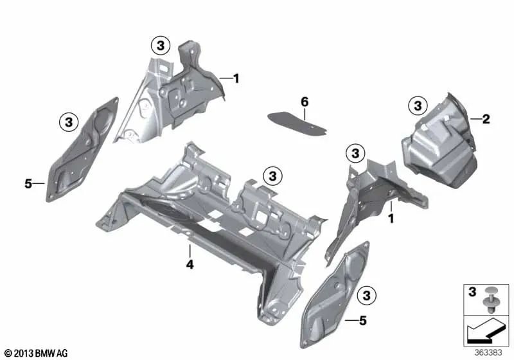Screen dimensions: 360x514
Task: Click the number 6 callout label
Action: click(305, 102)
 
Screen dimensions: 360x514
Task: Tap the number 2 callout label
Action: click(486, 119)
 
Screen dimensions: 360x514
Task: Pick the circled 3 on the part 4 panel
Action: click(272, 175)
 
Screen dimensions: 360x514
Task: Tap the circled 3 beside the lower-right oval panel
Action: click(366, 296)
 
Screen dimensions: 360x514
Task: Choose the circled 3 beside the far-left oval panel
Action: click(69, 121)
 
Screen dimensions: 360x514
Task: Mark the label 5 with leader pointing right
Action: click(28, 184)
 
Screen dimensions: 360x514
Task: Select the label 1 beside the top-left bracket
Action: click(236, 78)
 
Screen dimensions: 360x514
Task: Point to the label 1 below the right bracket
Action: click(390, 219)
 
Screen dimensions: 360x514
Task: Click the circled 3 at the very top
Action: click(161, 45)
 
